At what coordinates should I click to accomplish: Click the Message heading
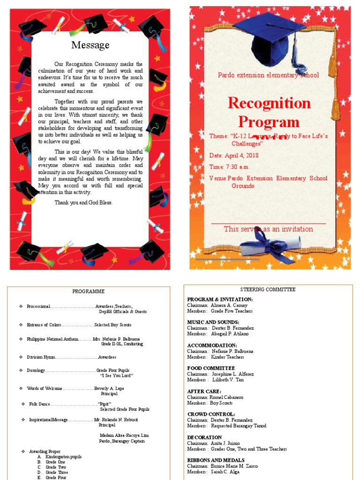[90, 45]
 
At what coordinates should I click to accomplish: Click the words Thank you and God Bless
[83, 202]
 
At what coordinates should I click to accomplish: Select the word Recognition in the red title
[269, 103]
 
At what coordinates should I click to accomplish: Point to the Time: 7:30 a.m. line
[230, 167]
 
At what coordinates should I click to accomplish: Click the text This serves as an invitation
[268, 229]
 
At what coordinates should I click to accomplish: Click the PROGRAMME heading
[89, 291]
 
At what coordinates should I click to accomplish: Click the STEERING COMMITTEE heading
[268, 290]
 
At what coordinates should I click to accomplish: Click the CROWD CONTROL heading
[211, 414]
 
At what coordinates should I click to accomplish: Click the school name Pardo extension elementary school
[268, 75]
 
